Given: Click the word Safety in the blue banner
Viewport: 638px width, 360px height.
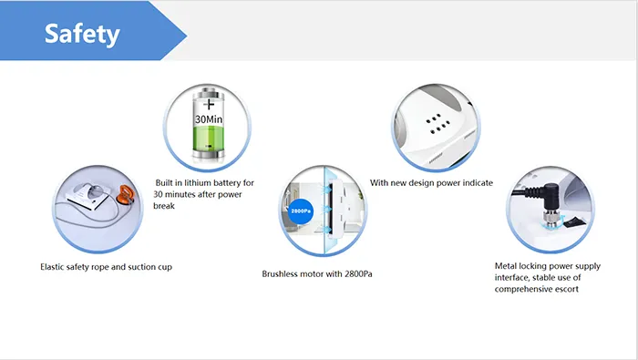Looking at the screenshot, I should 82,35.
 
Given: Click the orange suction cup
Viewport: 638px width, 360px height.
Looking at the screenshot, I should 124,197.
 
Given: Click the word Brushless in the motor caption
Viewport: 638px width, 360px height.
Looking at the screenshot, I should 283,273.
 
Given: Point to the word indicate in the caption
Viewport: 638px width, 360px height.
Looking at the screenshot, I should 474,183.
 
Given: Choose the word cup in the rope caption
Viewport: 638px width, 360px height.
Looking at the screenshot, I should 164,267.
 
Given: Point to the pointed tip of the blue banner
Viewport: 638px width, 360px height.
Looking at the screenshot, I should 187,35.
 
